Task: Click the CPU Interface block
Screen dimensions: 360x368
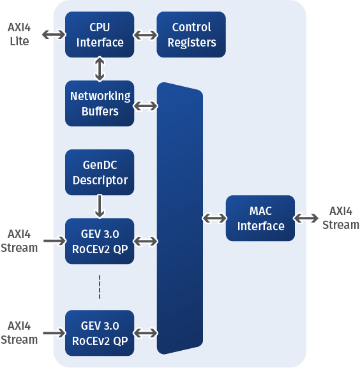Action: [100, 34]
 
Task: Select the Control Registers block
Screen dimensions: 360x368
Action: [191, 34]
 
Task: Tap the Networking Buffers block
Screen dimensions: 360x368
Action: [100, 103]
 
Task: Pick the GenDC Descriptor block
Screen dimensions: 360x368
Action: [100, 172]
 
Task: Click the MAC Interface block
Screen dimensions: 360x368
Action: [260, 218]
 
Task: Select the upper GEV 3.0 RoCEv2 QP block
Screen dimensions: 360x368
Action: [100, 241]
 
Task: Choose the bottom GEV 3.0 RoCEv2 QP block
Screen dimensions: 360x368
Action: [100, 333]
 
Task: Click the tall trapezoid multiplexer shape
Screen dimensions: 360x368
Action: [180, 218]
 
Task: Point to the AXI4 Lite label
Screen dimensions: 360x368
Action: [19, 34]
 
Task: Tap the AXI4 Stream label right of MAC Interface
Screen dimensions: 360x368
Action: [341, 217]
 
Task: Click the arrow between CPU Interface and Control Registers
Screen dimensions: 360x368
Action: [146, 35]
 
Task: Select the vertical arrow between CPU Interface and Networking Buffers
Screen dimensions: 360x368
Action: [100, 69]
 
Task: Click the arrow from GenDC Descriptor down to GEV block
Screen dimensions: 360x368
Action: [100, 206]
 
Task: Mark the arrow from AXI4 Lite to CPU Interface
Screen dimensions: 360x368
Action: [54, 34]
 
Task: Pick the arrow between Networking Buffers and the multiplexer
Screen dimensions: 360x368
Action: [146, 106]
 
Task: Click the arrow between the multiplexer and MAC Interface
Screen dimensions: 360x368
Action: [214, 218]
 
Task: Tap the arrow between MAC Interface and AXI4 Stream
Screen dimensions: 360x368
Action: [306, 218]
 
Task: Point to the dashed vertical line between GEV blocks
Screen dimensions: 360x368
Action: [100, 287]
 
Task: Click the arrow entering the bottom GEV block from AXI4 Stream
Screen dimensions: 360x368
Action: [54, 333]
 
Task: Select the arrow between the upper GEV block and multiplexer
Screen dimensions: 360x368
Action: [146, 241]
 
